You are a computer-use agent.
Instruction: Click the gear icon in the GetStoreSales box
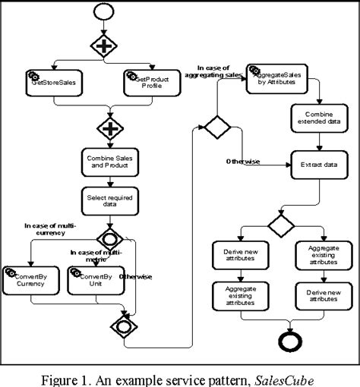pyautogui.click(x=33, y=75)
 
